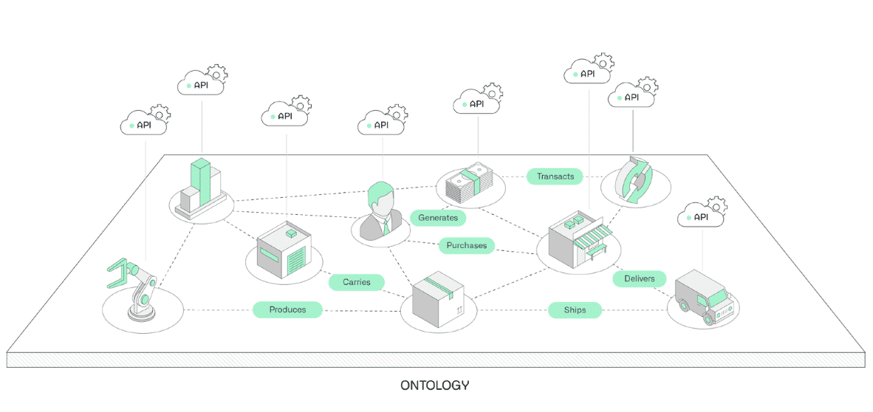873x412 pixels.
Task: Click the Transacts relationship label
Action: pyautogui.click(x=555, y=176)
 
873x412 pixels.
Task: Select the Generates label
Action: pyautogui.click(x=438, y=217)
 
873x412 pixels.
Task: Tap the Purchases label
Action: pyautogui.click(x=467, y=245)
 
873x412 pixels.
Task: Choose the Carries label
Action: pyautogui.click(x=357, y=282)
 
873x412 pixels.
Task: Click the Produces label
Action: pyautogui.click(x=287, y=309)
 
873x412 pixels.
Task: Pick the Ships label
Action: pyautogui.click(x=575, y=310)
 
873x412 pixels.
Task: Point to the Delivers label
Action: pyautogui.click(x=640, y=278)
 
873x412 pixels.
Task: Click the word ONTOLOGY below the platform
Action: pyautogui.click(x=435, y=385)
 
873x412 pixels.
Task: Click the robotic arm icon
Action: pyautogui.click(x=134, y=290)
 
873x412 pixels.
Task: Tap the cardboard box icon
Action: pyautogui.click(x=438, y=298)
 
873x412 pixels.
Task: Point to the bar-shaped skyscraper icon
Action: pyautogui.click(x=200, y=187)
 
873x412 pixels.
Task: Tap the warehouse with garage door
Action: pyautogui.click(x=284, y=250)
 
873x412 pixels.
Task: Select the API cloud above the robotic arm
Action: pyautogui.click(x=143, y=126)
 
